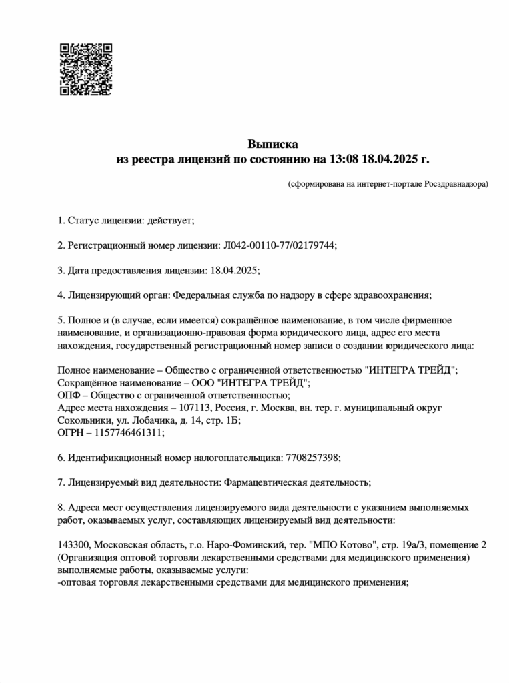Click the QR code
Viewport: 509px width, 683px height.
coord(86,69)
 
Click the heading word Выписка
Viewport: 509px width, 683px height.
coord(273,144)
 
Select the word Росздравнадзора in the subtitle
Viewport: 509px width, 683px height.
coord(456,183)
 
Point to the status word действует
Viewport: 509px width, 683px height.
coord(173,220)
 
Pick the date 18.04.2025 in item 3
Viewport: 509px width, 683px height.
coord(233,269)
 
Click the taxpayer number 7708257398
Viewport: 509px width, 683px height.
coord(312,457)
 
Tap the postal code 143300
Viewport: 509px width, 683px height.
coord(74,544)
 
